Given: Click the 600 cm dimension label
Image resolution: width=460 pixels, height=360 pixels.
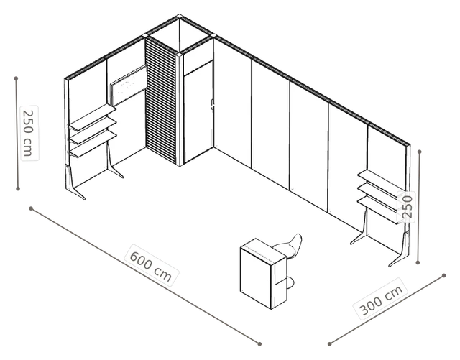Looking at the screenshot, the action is click(151, 266).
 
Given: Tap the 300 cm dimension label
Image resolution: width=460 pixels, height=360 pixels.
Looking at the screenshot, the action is click(381, 299).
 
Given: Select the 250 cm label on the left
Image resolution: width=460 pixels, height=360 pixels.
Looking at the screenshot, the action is click(29, 133).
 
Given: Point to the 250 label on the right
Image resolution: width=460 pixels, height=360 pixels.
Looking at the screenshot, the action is click(407, 207).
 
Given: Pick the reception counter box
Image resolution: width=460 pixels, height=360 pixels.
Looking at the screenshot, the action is click(263, 274).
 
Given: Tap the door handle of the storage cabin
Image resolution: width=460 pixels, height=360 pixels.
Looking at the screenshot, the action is click(213, 105).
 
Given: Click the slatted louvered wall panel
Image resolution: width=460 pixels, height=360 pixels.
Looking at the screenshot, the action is click(161, 101).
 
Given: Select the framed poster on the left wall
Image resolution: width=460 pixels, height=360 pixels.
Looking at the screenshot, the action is click(129, 85).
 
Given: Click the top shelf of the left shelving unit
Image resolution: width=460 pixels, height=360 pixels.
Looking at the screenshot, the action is click(93, 118).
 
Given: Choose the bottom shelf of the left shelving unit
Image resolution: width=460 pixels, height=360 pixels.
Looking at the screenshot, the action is click(93, 144).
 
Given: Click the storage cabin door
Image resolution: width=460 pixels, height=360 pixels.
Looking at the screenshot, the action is click(198, 111).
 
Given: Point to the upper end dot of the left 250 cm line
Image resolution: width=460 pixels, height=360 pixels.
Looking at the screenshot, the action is click(16, 78).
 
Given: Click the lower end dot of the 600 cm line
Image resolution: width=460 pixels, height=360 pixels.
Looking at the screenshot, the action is click(259, 344).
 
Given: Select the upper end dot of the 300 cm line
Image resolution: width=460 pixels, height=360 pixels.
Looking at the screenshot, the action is click(444, 275).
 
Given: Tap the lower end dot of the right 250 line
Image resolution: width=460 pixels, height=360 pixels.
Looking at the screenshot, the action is click(418, 262).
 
